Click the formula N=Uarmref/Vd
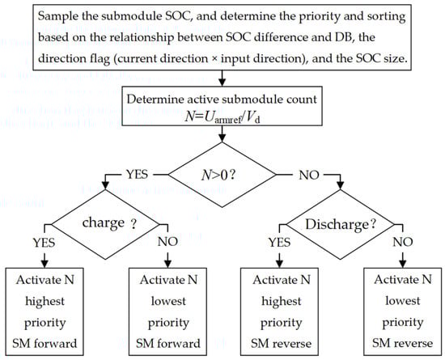pyautogui.click(x=222, y=116)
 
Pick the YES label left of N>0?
pyautogui.click(x=137, y=174)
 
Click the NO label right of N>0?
pyautogui.click(x=309, y=175)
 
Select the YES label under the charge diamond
pyautogui.click(x=44, y=243)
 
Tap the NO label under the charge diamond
pyautogui.click(x=167, y=242)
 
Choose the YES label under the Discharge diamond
pyautogui.click(x=280, y=243)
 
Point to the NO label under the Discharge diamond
pyautogui.click(x=403, y=242)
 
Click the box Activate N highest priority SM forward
pyautogui.click(x=44, y=311)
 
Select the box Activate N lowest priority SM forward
pyautogui.click(x=167, y=311)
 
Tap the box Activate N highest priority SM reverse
pyautogui.click(x=280, y=311)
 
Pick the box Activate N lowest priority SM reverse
pyautogui.click(x=403, y=311)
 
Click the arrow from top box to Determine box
pyautogui.click(x=222, y=78)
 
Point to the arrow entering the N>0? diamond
pyautogui.click(x=222, y=134)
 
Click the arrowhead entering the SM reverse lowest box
pyautogui.click(x=403, y=265)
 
